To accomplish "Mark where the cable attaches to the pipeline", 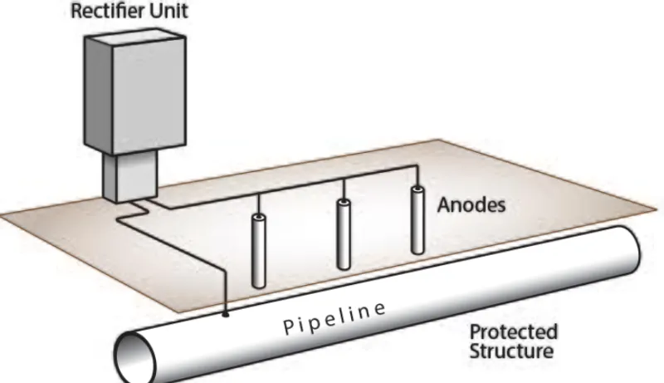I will [226, 315].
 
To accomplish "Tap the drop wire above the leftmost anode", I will [260, 204].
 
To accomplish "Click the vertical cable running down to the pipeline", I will [225, 282].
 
